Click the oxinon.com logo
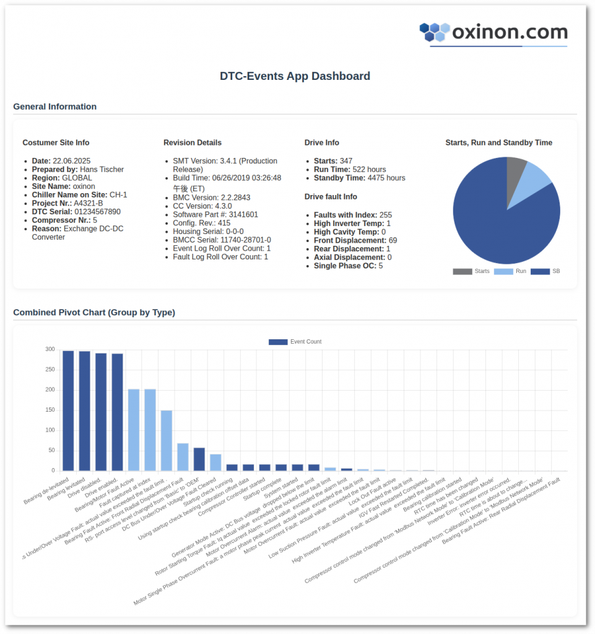pos(493,32)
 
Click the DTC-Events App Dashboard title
pos(295,76)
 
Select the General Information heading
pos(54,106)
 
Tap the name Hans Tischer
pos(102,170)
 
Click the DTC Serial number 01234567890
pos(93,212)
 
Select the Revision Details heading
pos(193,142)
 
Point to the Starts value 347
pos(345,161)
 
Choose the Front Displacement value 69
pos(393,240)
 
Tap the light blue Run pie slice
pos(534,180)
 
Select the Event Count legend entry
pos(295,342)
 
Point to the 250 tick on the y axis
pos(50,370)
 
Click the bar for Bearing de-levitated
pos(68,410)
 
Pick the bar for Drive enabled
pos(117,412)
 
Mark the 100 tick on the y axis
pos(50,430)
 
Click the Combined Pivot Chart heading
pos(94,313)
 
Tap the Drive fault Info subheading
pos(331,197)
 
